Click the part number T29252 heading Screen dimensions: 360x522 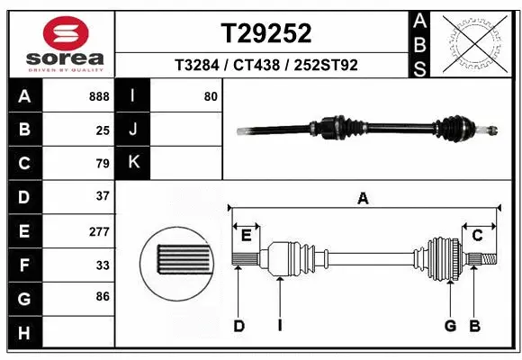(x=265, y=33)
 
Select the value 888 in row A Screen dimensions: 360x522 (x=99, y=96)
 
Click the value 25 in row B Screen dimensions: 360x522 (x=103, y=130)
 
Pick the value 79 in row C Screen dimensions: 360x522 (x=102, y=164)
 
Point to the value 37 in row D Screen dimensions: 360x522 (x=102, y=196)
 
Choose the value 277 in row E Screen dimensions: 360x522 (x=99, y=231)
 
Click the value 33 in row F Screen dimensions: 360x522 (x=102, y=265)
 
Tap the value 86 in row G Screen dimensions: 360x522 (x=102, y=295)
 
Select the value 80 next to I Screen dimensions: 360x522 (x=211, y=96)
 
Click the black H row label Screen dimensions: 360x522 (x=23, y=333)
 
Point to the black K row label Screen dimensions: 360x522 (x=134, y=163)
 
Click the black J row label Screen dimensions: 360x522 (x=134, y=130)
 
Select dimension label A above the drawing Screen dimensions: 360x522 (x=364, y=198)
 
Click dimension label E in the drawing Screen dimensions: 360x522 (x=246, y=236)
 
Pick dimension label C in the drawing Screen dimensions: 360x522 (x=478, y=236)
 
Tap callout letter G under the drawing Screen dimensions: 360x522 (x=450, y=326)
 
